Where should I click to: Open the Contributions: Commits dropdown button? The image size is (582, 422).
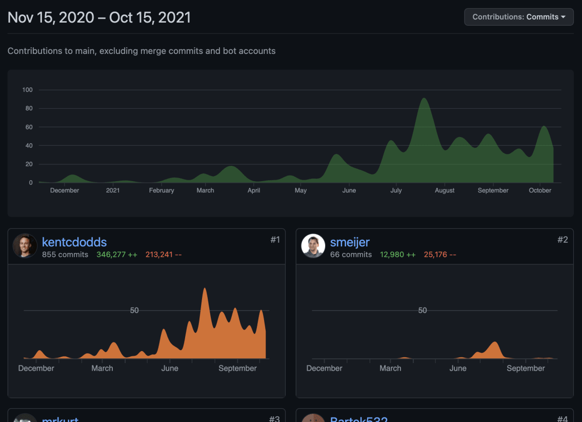(x=518, y=17)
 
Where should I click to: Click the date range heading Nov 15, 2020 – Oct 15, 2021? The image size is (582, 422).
(x=99, y=17)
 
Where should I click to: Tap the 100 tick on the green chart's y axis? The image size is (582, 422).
(x=27, y=90)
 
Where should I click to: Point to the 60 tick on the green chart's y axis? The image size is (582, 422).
(x=29, y=127)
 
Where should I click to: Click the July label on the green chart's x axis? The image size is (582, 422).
(x=396, y=190)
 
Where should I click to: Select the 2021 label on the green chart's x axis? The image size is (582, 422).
(x=113, y=190)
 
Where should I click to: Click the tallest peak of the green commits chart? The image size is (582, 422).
(x=424, y=99)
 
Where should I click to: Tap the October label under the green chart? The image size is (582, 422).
(x=540, y=190)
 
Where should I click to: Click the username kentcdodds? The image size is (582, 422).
(x=74, y=242)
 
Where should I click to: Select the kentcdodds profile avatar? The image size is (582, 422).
(x=25, y=246)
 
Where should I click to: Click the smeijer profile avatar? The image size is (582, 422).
(x=313, y=246)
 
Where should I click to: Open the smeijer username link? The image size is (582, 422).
(x=350, y=242)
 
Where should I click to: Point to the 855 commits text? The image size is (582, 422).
(x=65, y=255)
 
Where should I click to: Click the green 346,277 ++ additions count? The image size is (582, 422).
(x=117, y=255)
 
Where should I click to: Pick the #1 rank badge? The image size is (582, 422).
(x=275, y=240)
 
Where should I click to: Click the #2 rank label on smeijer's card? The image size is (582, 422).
(x=563, y=240)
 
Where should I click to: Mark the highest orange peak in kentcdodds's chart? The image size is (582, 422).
(x=205, y=290)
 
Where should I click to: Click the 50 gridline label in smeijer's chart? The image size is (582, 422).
(x=422, y=311)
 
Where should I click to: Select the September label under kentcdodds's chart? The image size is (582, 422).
(x=237, y=368)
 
